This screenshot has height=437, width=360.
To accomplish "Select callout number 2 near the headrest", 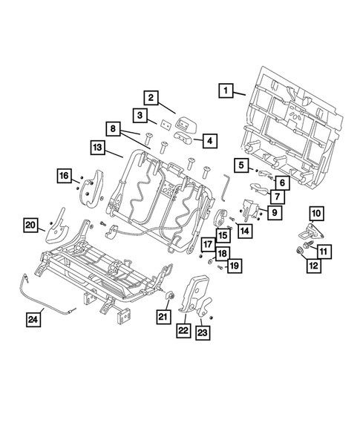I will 150,97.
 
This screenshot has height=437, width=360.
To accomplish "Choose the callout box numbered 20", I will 30,226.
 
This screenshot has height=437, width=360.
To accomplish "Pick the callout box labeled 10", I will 316,214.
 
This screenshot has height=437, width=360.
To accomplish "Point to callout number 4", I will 209,139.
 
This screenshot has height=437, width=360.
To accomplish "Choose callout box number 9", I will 275,213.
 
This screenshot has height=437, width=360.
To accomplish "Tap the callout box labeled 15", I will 223,236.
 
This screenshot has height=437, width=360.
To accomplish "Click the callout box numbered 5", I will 241,165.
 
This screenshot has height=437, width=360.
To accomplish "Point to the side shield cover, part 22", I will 198,297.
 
